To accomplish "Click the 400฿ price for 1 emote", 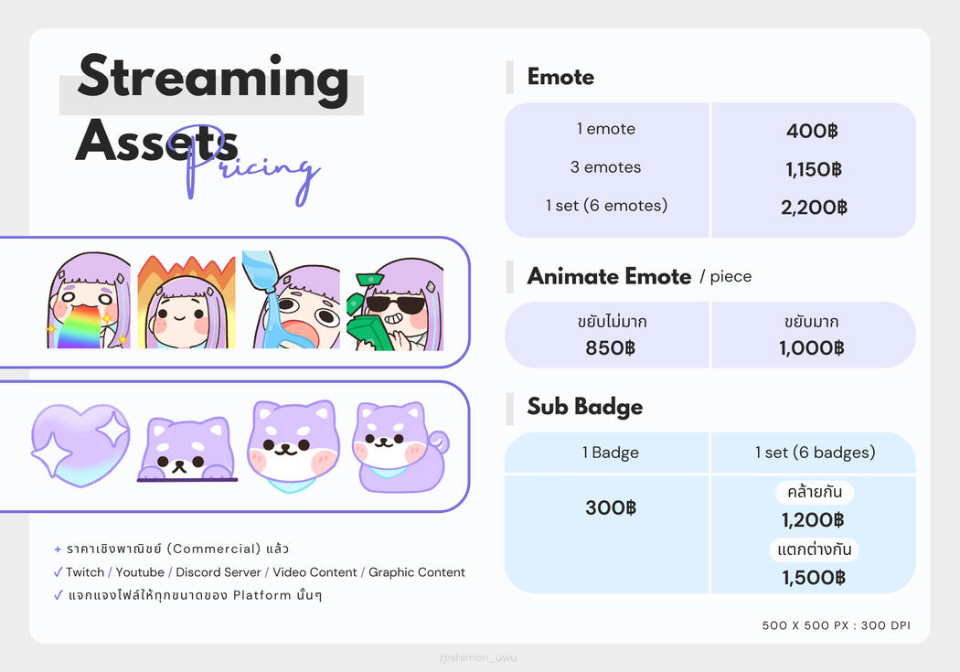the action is tap(812, 131).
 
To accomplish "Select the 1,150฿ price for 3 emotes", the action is tap(814, 169).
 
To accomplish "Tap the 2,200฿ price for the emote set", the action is tap(815, 208).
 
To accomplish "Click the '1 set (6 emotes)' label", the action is tap(607, 206).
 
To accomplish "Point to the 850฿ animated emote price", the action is tap(611, 348).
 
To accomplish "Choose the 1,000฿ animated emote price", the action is tap(812, 348).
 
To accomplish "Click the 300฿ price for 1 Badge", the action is tap(611, 508).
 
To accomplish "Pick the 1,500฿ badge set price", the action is tap(814, 578).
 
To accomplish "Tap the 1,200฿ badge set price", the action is tap(813, 520).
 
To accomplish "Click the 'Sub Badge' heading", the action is tap(585, 407).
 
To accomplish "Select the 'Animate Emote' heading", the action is tap(609, 277).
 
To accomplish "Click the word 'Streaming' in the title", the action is tap(213, 79).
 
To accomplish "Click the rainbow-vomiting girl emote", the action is tap(90, 301).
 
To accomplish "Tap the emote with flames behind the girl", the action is tap(187, 303).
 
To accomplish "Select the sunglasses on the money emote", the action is tap(395, 304).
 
